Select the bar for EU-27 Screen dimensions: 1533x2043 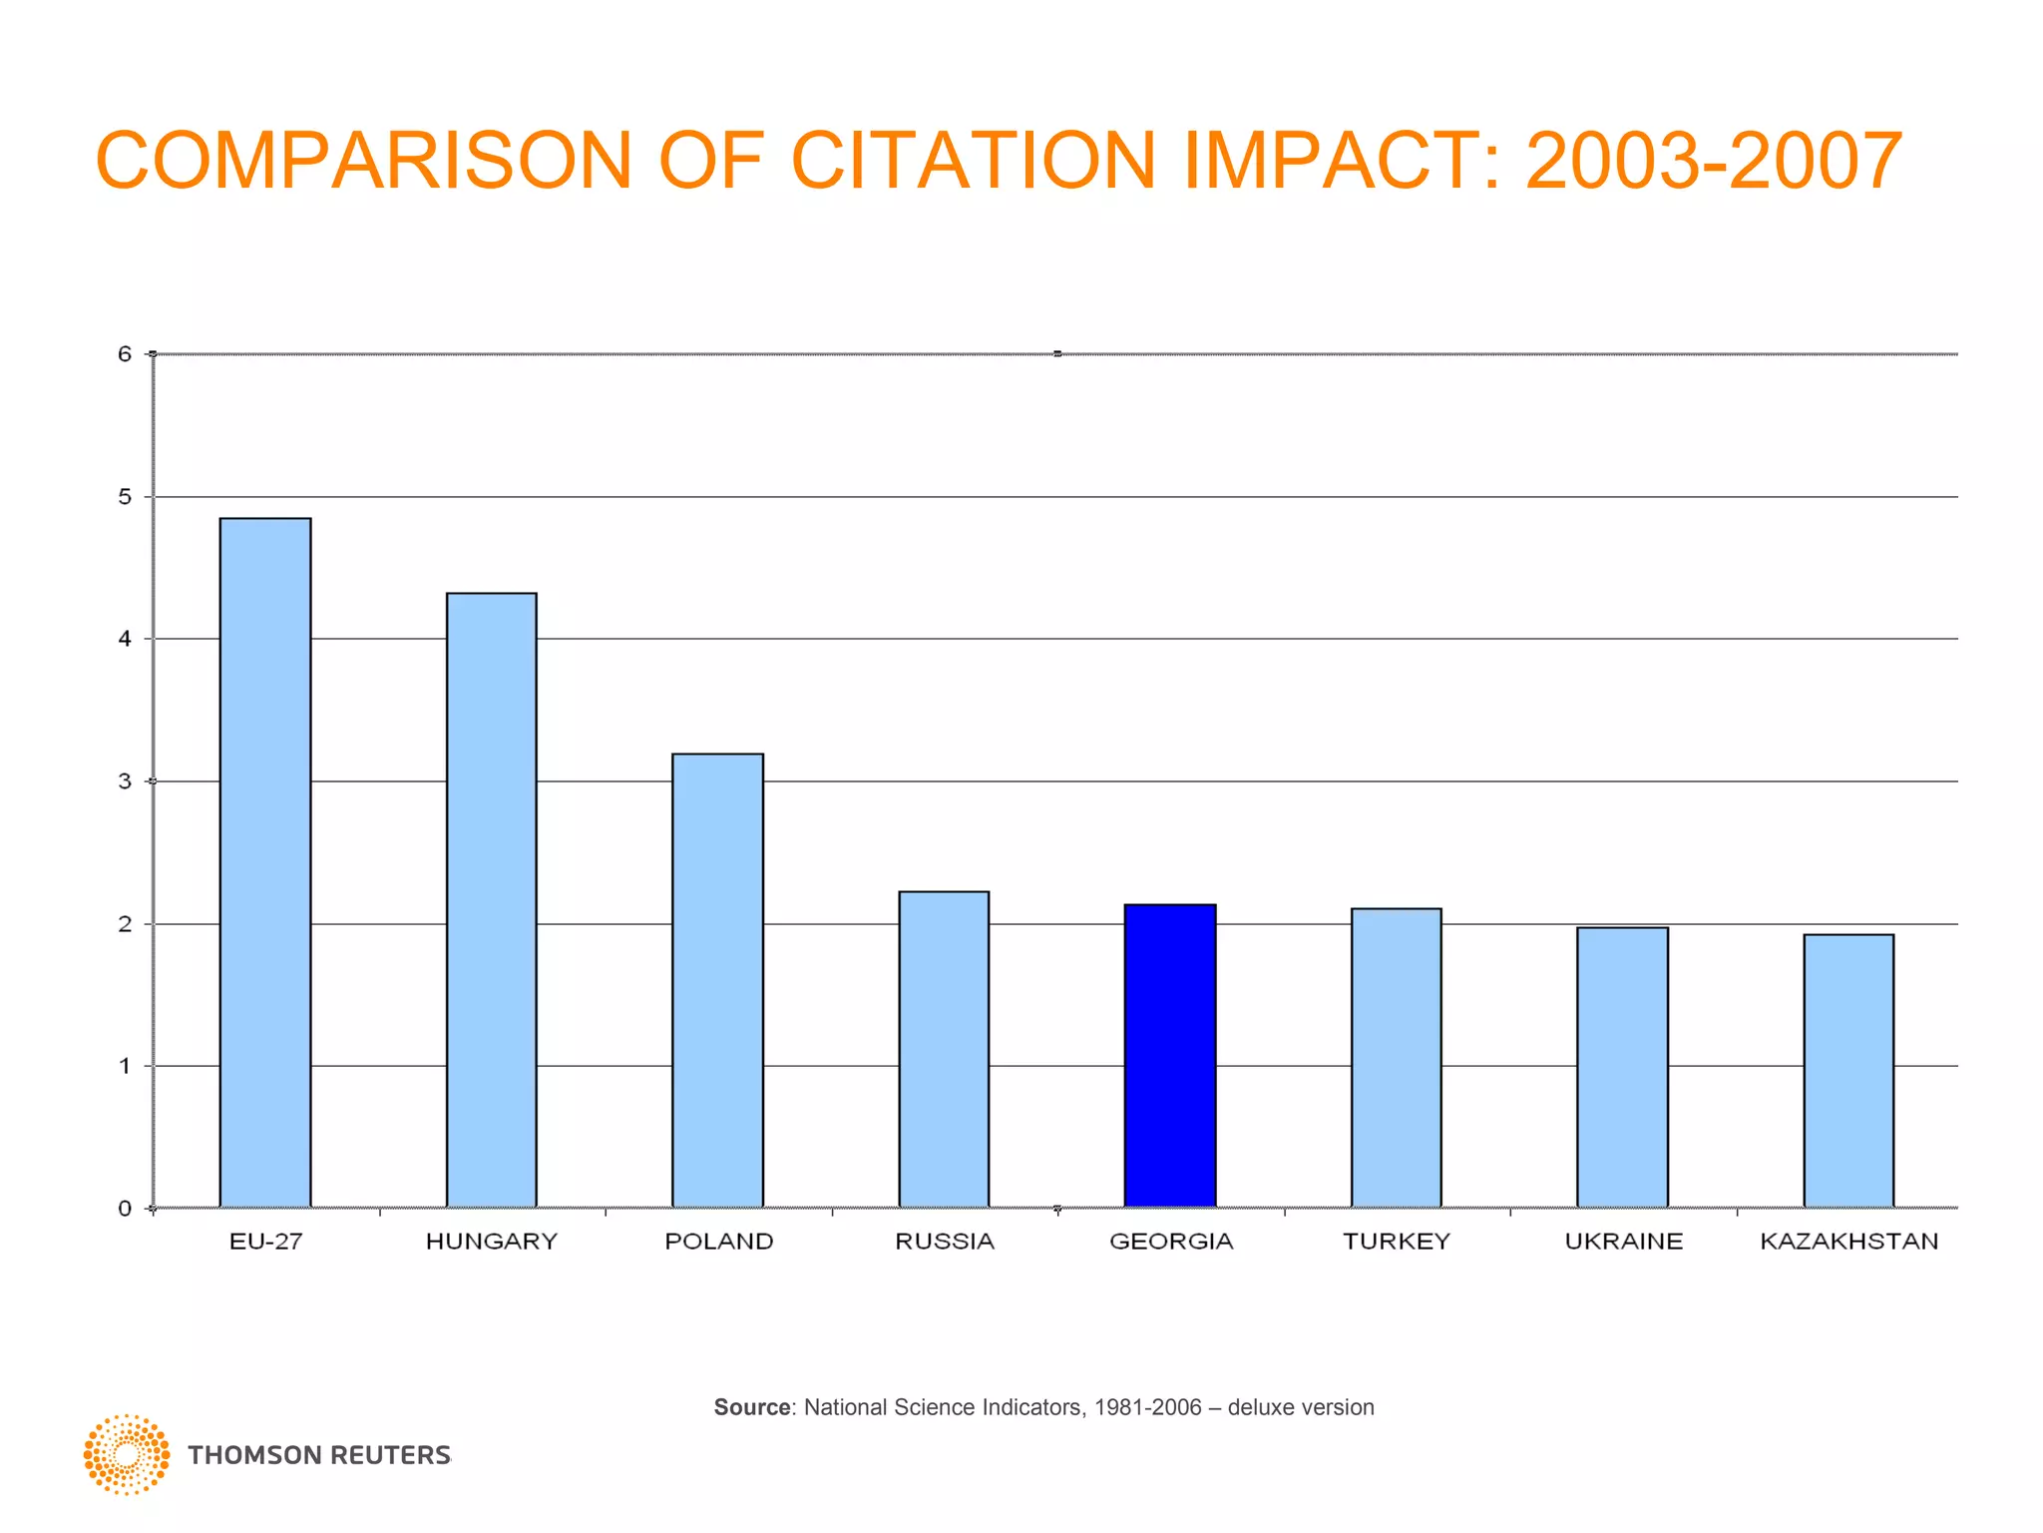(x=265, y=863)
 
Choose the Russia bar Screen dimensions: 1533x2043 (x=944, y=1050)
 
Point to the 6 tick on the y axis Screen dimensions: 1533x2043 (x=125, y=354)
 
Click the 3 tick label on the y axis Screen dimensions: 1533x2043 (x=125, y=781)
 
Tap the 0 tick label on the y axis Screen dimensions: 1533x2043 (x=125, y=1210)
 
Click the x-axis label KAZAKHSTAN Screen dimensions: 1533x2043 (x=1848, y=1242)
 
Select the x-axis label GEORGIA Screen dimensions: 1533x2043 (x=1171, y=1242)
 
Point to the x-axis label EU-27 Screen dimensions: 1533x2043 (x=265, y=1242)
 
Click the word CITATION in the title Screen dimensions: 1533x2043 (x=974, y=162)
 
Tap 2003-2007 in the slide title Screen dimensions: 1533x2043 (x=1714, y=162)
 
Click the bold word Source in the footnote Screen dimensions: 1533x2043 (x=752, y=1407)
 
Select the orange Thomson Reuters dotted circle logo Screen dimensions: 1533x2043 (x=127, y=1454)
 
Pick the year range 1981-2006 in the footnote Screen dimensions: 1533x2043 (x=1147, y=1407)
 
